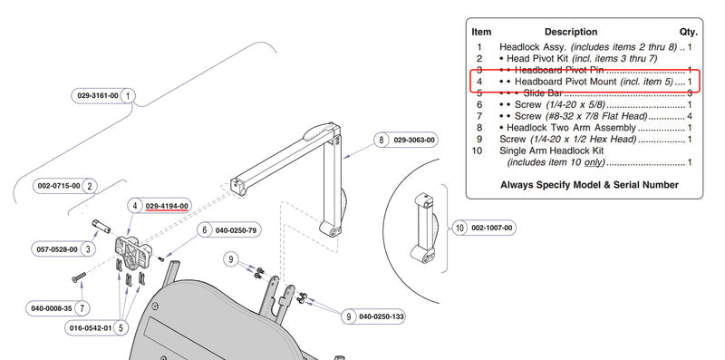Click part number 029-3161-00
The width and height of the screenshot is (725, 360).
98,96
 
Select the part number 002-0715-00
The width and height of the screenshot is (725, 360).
59,186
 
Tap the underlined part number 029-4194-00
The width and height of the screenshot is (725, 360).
167,206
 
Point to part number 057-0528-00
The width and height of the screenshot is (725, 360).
57,249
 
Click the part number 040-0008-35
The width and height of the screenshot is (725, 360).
52,308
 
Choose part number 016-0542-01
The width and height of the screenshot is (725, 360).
90,328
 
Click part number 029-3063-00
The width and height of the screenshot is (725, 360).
414,140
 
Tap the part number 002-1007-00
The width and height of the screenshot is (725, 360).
491,229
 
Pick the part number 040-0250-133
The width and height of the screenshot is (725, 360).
382,316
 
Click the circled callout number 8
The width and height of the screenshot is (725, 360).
381,140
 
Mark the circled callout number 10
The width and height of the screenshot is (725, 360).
459,229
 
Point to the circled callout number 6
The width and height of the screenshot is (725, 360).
205,230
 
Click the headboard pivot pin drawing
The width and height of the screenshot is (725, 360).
101,227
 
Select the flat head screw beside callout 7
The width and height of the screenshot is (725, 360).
79,277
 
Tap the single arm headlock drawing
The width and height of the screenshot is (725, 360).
424,229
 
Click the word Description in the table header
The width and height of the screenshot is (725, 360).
571,32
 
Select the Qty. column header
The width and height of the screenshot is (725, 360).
688,32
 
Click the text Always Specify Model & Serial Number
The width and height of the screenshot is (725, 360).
590,185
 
